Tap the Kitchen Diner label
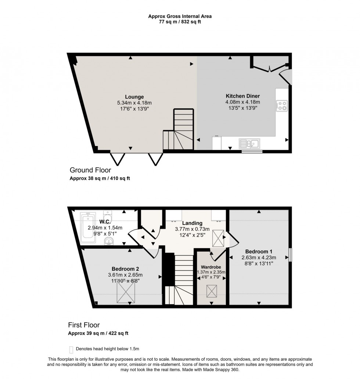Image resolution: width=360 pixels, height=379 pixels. coord(242,96)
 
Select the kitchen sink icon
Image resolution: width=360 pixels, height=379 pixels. coord(249,143)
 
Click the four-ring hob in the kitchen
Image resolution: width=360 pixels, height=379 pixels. coord(282,106)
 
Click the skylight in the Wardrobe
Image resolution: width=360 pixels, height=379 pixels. coord(212,291)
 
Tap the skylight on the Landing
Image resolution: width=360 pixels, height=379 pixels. coord(219,238)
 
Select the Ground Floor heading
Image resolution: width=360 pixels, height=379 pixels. coord(90,170)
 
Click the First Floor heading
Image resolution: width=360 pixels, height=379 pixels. coord(84,325)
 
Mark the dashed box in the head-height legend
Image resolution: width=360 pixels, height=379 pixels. coord(71,349)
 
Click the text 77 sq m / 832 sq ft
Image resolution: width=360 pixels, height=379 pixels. coord(180,22)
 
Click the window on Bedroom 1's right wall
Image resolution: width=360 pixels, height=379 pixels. coord(290,255)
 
